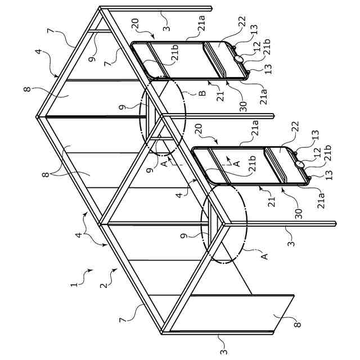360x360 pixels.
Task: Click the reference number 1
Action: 74,286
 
